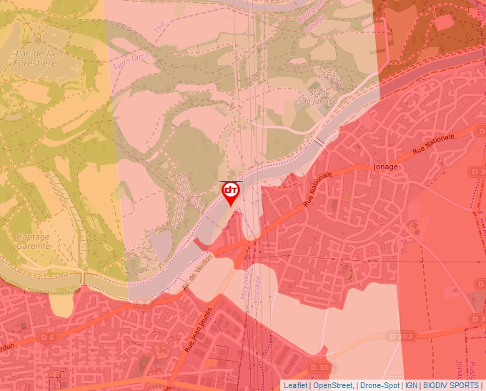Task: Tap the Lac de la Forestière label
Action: pos(35,58)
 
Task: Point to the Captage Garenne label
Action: pos(34,241)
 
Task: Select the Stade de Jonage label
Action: pos(319,97)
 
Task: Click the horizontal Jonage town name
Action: pos(386,166)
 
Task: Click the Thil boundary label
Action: pos(162,26)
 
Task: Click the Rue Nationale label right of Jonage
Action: pos(432,144)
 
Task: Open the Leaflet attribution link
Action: pos(295,385)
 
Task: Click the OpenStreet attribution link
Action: pos(332,385)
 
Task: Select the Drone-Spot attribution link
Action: pos(380,385)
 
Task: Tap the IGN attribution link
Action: pos(412,385)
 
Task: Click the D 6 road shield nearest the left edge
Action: pos(48,337)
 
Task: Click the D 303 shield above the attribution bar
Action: pos(402,335)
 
